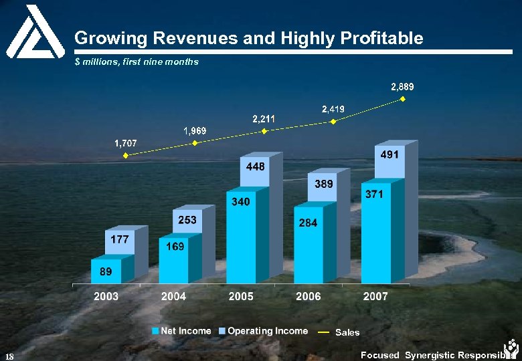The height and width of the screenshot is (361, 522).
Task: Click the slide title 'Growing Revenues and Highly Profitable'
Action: point(248,38)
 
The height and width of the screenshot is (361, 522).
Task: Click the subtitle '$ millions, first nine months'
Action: point(137,62)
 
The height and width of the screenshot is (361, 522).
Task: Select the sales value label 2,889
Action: point(402,86)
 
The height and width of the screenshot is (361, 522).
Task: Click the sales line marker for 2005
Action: point(264,132)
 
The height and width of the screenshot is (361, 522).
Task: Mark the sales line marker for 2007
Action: point(403,100)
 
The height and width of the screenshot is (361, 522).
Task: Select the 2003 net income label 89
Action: point(106,271)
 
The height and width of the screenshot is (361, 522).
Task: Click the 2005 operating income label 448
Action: point(255,166)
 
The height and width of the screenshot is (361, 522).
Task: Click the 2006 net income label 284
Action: point(308,223)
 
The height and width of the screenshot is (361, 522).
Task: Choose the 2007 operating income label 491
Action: point(389,154)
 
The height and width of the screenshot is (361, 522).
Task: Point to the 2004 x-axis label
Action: point(173,296)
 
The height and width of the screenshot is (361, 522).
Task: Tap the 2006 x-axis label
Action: point(308,296)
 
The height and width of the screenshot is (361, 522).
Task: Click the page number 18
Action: point(8,355)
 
